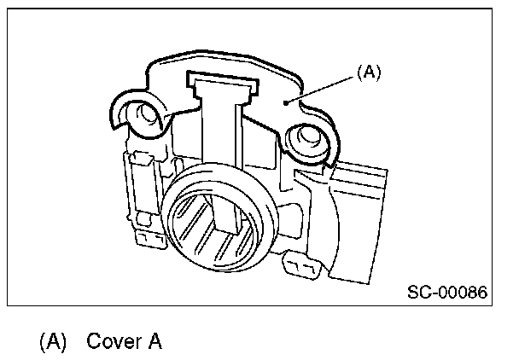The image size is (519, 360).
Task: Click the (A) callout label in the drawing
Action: point(367,73)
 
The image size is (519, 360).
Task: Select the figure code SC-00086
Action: point(446,293)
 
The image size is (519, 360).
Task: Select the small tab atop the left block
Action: point(141,157)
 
